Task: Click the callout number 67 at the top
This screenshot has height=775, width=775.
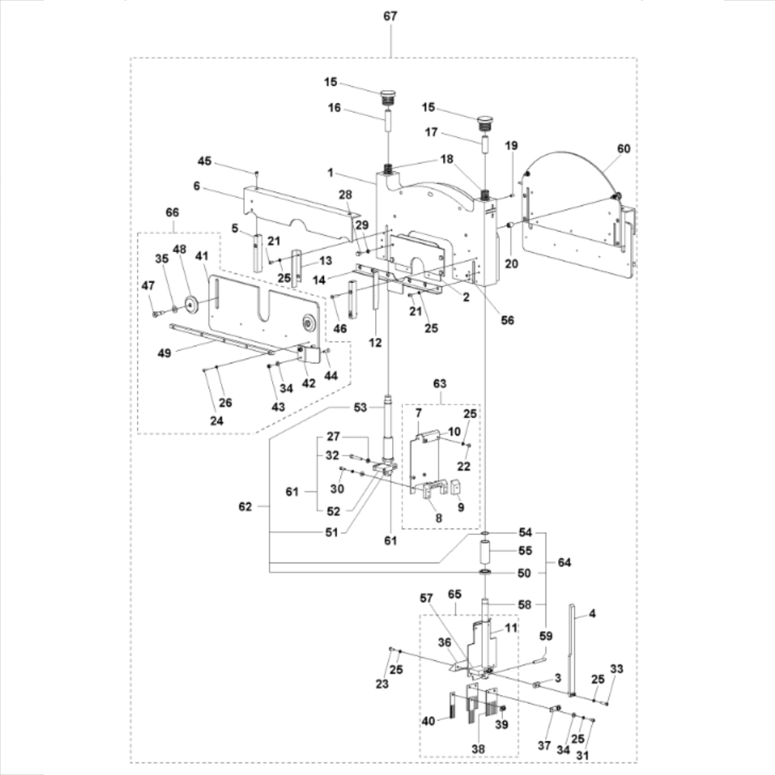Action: click(x=391, y=16)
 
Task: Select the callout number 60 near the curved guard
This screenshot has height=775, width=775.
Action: click(x=623, y=149)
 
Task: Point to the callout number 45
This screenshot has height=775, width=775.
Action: click(x=205, y=161)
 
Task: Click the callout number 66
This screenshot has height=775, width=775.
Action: click(x=172, y=212)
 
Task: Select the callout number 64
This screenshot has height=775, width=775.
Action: click(x=563, y=563)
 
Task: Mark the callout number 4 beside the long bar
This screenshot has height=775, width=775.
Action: click(x=591, y=615)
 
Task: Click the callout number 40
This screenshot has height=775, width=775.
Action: click(x=428, y=720)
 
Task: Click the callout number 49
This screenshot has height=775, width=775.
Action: click(x=164, y=353)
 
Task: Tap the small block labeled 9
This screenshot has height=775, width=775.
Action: click(x=456, y=487)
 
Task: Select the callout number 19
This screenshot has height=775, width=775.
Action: click(x=511, y=146)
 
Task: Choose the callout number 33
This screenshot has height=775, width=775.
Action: click(x=616, y=669)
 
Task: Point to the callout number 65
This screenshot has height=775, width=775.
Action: click(x=455, y=594)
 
